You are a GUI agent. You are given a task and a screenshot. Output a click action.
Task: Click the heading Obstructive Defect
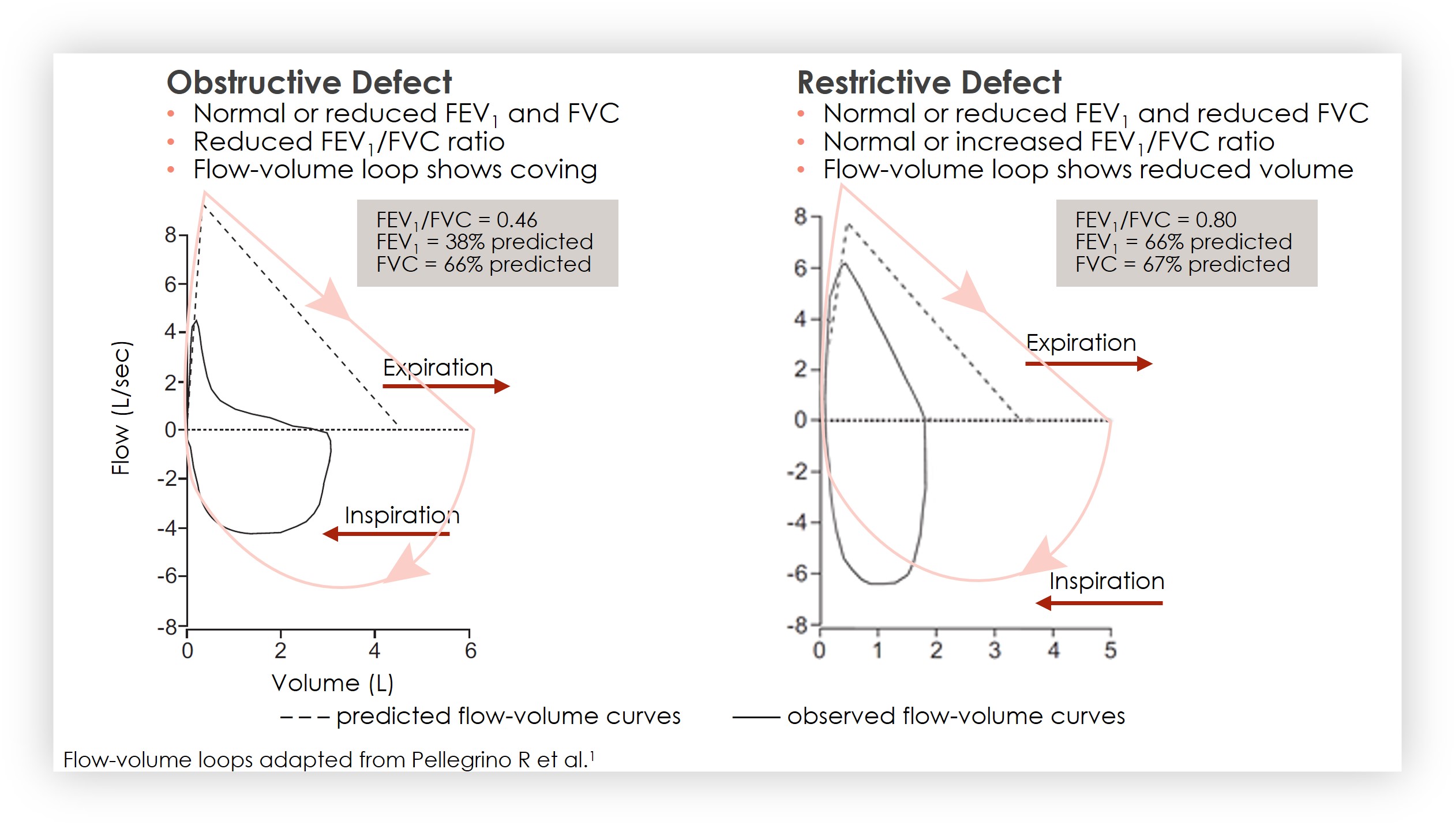pos(309,82)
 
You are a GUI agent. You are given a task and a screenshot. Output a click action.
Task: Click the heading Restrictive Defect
pos(929,82)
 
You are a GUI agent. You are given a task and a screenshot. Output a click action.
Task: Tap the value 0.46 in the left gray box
pos(516,220)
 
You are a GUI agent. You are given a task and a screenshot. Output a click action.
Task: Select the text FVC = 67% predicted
pos(1182,264)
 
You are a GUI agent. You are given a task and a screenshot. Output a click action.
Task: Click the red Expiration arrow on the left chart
pos(446,386)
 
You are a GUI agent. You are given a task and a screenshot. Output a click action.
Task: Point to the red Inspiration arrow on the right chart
pos(1098,603)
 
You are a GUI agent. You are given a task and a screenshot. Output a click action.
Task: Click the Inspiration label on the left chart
pos(402,515)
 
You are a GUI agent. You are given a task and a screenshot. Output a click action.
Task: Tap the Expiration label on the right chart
pos(1081,343)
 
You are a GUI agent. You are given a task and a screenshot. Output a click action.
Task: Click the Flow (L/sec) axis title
pos(121,408)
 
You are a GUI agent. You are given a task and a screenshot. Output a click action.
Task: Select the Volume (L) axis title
pos(332,683)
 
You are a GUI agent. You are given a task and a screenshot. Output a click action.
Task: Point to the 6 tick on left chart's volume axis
pos(470,651)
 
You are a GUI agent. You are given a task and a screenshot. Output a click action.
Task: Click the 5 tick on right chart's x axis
pos(1111,650)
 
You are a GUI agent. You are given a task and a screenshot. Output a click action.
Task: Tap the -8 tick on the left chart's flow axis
pos(168,627)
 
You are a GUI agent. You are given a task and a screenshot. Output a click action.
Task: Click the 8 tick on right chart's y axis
pos(800,216)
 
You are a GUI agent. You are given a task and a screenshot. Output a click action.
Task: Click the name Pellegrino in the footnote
pos(461,760)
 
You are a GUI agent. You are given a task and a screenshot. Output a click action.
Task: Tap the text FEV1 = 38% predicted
pos(484,242)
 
